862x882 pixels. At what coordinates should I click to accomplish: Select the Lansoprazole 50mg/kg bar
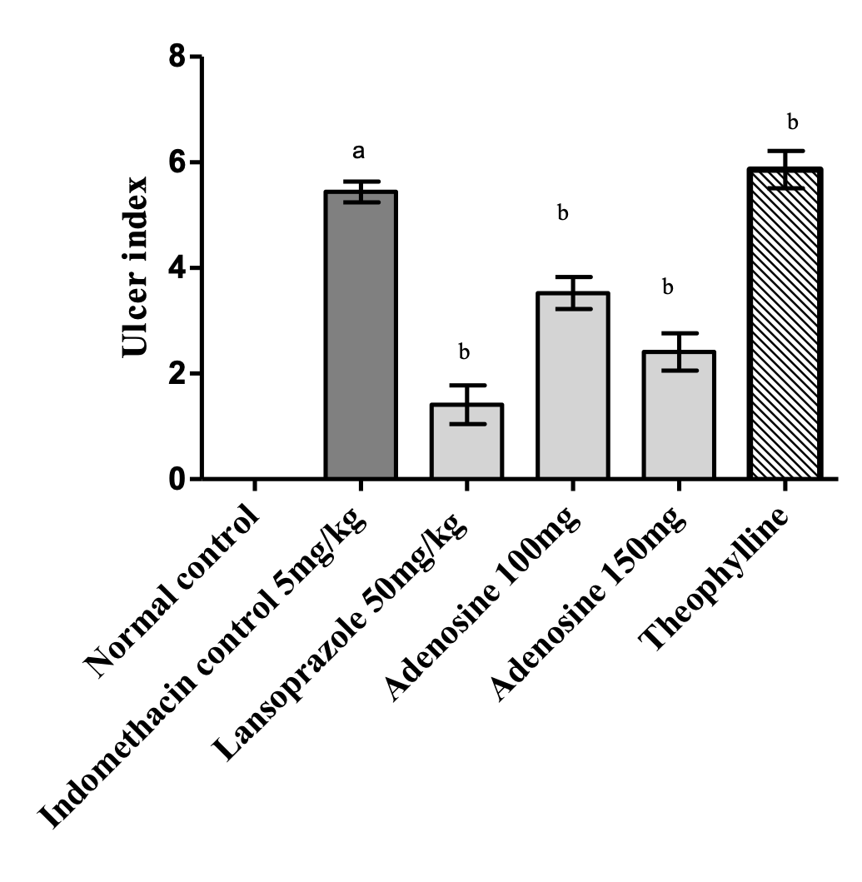click(466, 441)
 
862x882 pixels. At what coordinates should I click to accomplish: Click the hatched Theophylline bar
click(785, 324)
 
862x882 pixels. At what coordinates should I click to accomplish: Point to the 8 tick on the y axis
click(177, 57)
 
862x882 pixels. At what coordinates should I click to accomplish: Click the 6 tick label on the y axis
click(177, 163)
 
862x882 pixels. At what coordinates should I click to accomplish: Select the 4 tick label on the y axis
click(177, 269)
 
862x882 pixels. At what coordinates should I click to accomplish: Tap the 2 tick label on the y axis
click(177, 374)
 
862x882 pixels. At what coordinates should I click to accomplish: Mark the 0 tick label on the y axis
click(177, 480)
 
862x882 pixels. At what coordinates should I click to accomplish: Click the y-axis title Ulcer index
click(137, 267)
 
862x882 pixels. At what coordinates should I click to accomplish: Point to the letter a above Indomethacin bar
click(360, 152)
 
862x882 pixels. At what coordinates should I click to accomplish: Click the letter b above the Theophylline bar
click(792, 123)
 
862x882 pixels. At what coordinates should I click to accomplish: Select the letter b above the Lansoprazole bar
click(465, 352)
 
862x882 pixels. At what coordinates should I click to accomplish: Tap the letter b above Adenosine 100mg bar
click(563, 214)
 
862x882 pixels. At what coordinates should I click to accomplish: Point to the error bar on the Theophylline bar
click(785, 169)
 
